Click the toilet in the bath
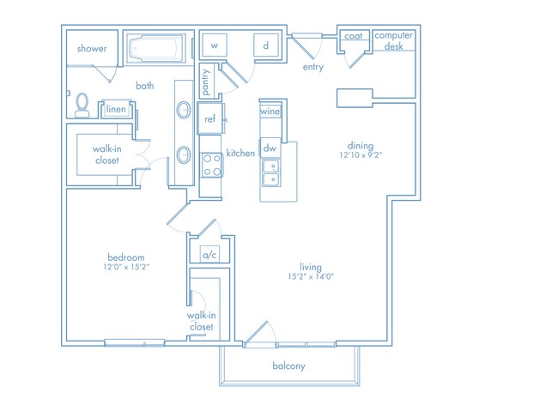pos(82,106)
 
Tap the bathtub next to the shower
pos(156,48)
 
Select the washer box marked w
pos(215,45)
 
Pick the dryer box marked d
pos(266,45)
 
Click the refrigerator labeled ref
pos(210,118)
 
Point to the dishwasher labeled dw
pos(270,148)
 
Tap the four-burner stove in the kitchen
pos(212,165)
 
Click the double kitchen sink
pos(271,172)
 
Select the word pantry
pos(206,82)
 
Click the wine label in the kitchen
pos(270,112)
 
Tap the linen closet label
pos(116,109)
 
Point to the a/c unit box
pos(209,255)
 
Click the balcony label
pos(289,366)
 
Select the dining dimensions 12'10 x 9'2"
pos(361,155)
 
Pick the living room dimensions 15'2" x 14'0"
pos(311,276)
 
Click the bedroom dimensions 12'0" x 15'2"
pos(126,267)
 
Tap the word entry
pos(313,67)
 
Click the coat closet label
pos(354,36)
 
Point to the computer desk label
pos(393,40)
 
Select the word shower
pos(92,48)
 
